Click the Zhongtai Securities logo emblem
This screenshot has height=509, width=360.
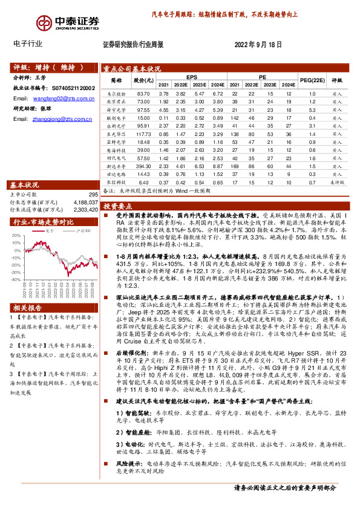[44, 22]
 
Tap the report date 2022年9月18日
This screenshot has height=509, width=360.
[258, 44]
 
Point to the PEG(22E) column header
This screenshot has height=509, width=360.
[312, 80]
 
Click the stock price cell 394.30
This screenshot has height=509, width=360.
[143, 164]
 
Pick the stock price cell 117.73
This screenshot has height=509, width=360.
[143, 133]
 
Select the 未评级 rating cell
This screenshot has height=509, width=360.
[337, 181]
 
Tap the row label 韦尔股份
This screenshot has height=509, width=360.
[116, 94]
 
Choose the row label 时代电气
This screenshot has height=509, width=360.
[116, 157]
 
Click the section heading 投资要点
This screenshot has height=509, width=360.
[121, 206]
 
